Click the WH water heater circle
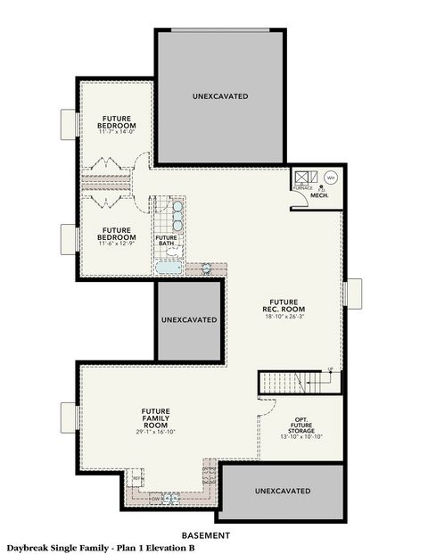coord(329,177)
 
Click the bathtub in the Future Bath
coord(169,267)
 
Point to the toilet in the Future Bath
coord(207,268)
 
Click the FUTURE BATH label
coord(167,239)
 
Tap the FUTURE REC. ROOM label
coord(286,305)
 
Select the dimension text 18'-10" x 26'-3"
coord(286,317)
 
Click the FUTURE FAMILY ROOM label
coord(155,415)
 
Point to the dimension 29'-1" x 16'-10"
coord(155,432)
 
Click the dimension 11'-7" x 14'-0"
coord(118,132)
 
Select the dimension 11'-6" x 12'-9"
coord(118,244)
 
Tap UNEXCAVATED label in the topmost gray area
coord(219,95)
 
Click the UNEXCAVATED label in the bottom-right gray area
coord(283,491)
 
